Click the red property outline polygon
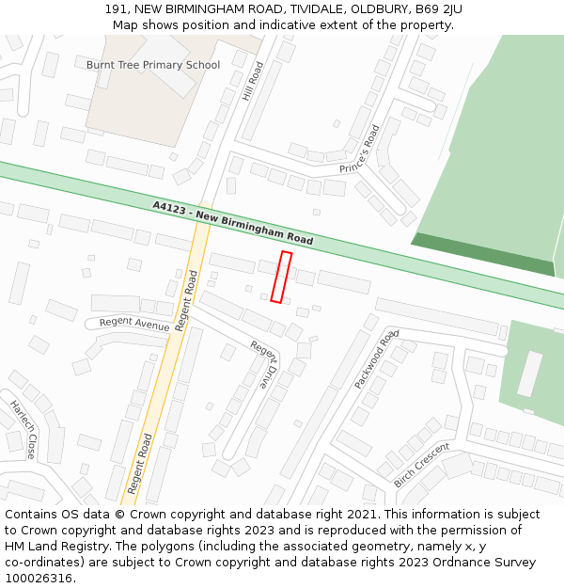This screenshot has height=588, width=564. coord(281,277)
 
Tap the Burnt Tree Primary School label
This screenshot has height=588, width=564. coord(153,65)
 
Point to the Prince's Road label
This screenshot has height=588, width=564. coord(360,150)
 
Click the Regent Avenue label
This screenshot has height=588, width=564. coord(134,324)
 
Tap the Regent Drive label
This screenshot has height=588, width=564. coord(265,364)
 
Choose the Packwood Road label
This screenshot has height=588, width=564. coord(377,359)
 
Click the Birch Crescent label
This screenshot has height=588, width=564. coord(422,464)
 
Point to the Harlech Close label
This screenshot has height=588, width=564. coord(23,430)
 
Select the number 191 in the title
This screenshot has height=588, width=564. coord(117,9)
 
